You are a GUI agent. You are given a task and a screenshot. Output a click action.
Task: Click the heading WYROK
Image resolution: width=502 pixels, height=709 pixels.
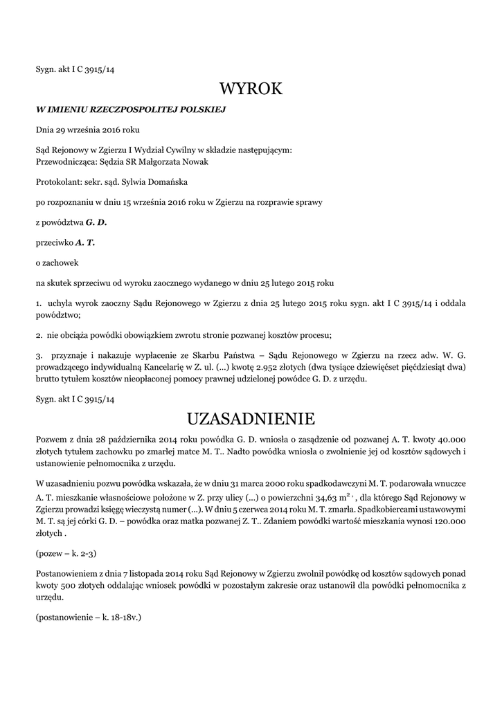coord(251,89)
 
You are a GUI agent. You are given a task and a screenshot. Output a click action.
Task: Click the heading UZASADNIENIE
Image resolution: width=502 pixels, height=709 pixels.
coord(251,419)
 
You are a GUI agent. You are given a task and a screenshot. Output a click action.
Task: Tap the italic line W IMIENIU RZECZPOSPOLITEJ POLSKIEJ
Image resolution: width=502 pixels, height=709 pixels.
coord(131,109)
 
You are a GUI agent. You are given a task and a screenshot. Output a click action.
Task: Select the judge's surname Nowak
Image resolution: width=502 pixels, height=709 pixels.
coord(194,161)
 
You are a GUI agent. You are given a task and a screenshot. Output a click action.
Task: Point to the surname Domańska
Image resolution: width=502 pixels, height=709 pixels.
coord(165,181)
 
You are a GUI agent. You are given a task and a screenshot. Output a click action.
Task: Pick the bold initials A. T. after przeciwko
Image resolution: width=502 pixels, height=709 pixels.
coord(85,242)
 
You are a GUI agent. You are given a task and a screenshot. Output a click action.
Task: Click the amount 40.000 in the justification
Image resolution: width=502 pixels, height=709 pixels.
coord(449,439)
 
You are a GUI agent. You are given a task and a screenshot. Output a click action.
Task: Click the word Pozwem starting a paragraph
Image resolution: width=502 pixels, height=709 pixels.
coord(52,439)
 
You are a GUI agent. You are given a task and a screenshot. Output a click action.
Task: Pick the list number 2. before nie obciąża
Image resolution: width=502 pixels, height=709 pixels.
coord(39,335)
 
